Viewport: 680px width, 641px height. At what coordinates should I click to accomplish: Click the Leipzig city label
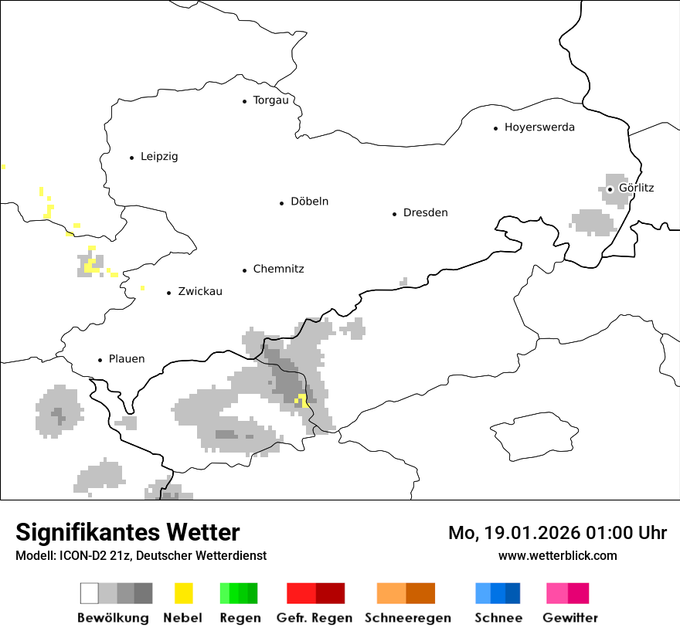tap(159, 157)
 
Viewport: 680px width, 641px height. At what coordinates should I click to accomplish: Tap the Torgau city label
tap(270, 100)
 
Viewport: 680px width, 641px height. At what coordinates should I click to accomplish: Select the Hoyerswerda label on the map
tap(539, 127)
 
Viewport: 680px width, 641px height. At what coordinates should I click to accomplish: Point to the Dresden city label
tap(425, 213)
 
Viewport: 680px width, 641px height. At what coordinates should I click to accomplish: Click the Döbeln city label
tap(309, 202)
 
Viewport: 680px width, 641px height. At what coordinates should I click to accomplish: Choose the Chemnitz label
tap(278, 270)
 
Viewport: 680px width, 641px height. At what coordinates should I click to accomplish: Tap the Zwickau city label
tap(200, 292)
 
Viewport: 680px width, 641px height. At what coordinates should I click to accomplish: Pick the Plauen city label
tap(127, 359)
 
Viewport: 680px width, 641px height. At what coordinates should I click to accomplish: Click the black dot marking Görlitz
tap(610, 188)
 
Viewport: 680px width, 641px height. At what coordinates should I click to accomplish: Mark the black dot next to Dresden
tap(394, 214)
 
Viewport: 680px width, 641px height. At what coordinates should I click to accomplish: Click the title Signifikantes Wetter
tap(127, 533)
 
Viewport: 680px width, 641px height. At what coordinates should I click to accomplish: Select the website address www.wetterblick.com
tap(557, 556)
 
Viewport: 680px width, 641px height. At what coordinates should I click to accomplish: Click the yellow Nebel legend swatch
tap(183, 593)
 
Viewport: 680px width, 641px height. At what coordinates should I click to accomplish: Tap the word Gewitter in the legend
tap(570, 618)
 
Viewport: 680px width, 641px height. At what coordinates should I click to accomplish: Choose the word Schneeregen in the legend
tap(408, 618)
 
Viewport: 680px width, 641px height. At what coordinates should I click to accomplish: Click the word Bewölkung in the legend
tap(113, 618)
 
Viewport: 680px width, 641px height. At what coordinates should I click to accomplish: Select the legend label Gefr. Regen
tap(314, 618)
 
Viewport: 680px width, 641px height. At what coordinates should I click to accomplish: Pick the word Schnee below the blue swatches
tap(498, 618)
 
